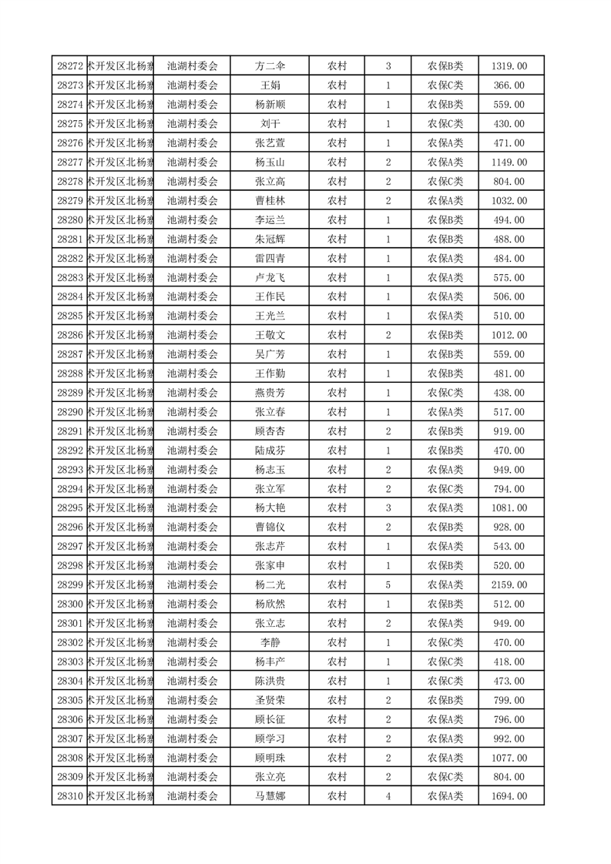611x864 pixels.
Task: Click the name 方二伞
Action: coord(270,66)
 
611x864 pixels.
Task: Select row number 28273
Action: coord(70,85)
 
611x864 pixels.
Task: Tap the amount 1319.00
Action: coord(509,66)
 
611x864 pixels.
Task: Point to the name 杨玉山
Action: coord(270,162)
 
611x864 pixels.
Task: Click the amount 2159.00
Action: coord(509,585)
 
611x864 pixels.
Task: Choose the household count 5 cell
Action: coord(388,585)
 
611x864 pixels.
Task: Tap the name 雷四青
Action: coord(270,259)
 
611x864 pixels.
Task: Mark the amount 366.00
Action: coord(509,85)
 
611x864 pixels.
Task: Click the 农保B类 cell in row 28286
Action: coord(445,335)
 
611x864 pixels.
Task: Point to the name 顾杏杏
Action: coord(270,431)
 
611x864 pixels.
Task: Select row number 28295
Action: coord(70,508)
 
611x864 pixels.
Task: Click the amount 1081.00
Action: coord(509,508)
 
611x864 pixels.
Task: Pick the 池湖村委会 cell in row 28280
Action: coord(193,220)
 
